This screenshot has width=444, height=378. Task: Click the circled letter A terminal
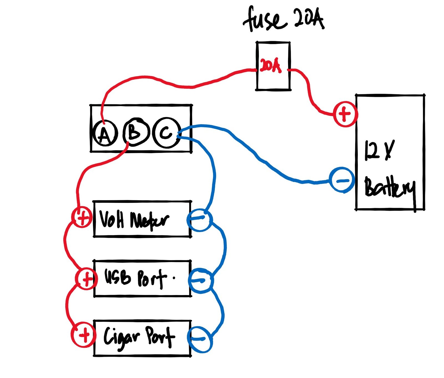tap(105, 134)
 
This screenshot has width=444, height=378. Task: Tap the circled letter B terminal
tap(135, 132)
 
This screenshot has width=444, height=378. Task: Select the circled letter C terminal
tap(167, 133)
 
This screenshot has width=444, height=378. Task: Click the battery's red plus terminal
tap(345, 114)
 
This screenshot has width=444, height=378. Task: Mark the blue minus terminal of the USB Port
tap(201, 281)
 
